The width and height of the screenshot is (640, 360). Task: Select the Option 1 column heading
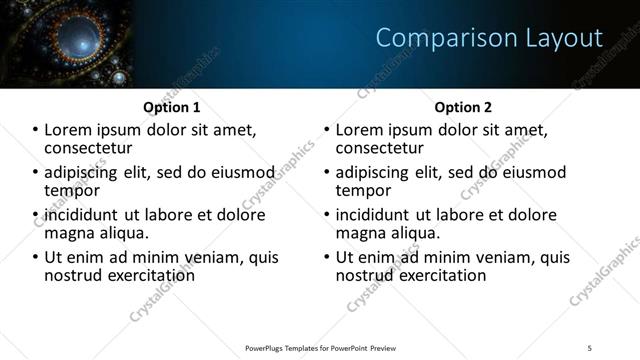click(172, 107)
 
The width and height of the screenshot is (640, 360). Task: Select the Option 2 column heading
click(463, 107)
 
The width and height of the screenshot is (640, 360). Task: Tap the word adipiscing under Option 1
click(84, 172)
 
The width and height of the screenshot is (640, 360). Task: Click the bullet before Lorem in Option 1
click(36, 130)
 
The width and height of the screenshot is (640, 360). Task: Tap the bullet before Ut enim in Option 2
click(327, 257)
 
